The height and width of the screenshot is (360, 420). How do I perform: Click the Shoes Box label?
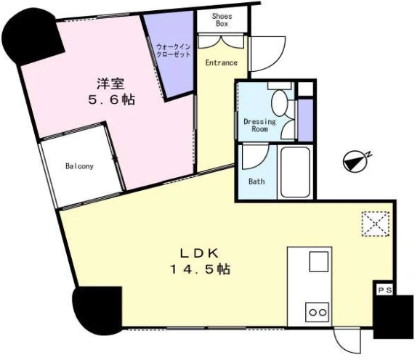click(x=222, y=20)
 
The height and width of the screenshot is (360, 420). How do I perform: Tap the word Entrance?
click(x=221, y=62)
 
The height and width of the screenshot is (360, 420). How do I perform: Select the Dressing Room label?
click(x=259, y=125)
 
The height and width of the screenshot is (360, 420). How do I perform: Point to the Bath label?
click(x=257, y=181)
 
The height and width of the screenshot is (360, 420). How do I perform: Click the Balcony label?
click(x=79, y=166)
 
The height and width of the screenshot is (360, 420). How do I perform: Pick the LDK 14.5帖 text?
click(x=200, y=261)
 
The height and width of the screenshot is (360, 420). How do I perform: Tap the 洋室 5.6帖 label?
click(x=111, y=91)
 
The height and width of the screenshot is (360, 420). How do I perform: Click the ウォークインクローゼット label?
click(x=173, y=51)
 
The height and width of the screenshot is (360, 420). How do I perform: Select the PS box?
click(x=384, y=290)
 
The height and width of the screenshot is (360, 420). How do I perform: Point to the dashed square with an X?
click(x=375, y=224)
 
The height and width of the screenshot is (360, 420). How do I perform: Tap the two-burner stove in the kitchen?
click(x=318, y=312)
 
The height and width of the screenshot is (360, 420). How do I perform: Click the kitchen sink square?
click(x=319, y=261)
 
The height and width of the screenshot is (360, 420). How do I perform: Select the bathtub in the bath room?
click(x=295, y=172)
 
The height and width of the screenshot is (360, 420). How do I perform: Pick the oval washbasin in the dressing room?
click(x=279, y=103)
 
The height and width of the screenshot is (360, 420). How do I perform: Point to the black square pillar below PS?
click(x=393, y=316)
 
